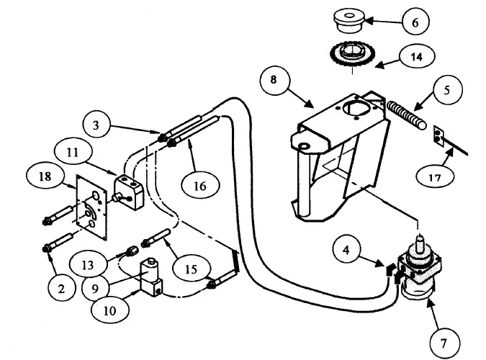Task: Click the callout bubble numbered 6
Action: click(x=415, y=22)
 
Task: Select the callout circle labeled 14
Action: click(x=417, y=56)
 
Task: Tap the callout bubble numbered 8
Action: click(x=274, y=80)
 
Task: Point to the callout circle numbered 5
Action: click(x=446, y=90)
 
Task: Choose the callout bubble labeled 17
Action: click(x=435, y=176)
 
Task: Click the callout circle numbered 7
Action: click(x=445, y=343)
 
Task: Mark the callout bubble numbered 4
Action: click(x=346, y=250)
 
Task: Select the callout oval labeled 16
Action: click(x=200, y=186)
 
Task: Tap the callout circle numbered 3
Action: click(x=96, y=125)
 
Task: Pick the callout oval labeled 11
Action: click(x=73, y=153)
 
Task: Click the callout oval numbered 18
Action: click(x=45, y=176)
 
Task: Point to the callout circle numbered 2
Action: click(x=62, y=289)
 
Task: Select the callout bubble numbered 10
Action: click(x=110, y=310)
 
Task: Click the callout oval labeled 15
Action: click(x=192, y=269)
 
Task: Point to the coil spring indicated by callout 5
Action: click(x=407, y=117)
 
